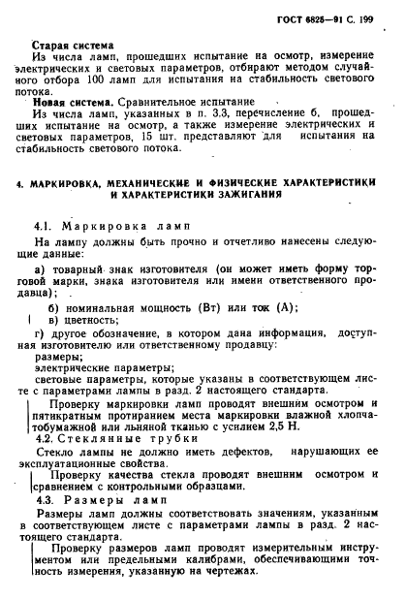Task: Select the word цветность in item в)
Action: pos(87,321)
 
